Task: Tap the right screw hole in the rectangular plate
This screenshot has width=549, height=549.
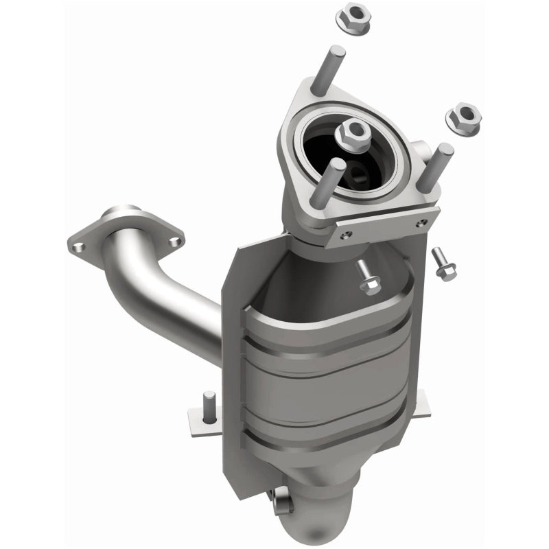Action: tap(423, 222)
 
